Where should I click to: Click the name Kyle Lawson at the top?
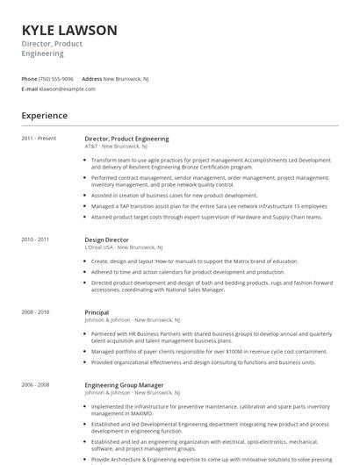tap(69, 30)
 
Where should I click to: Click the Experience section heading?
tap(44, 115)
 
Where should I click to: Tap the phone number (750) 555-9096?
tap(57, 78)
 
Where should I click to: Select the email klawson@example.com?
tap(68, 89)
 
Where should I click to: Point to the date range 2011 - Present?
tap(39, 139)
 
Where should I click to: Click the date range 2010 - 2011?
tap(35, 239)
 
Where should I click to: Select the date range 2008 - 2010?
tap(35, 311)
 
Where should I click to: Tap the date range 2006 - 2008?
tap(35, 384)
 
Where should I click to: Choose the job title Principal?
tap(97, 311)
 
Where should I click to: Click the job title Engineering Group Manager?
tap(124, 384)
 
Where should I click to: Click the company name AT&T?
tap(91, 147)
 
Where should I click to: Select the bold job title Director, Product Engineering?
tap(126, 139)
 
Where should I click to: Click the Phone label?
tap(29, 78)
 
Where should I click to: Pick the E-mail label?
tap(30, 89)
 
